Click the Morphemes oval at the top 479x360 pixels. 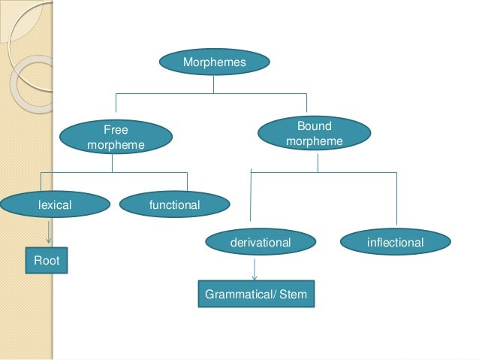214,62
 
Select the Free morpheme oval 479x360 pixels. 116,137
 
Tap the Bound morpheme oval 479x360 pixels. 314,134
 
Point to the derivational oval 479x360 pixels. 259,242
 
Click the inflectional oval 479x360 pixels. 395,242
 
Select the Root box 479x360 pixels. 46,260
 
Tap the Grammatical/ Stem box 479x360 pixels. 255,295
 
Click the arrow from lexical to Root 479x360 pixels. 49,231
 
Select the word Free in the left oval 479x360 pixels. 116,130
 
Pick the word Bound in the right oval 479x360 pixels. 314,126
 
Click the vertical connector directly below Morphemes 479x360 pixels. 214,83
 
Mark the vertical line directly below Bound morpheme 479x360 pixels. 318,162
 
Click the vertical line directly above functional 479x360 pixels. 187,180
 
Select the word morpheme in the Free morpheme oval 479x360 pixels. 116,144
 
